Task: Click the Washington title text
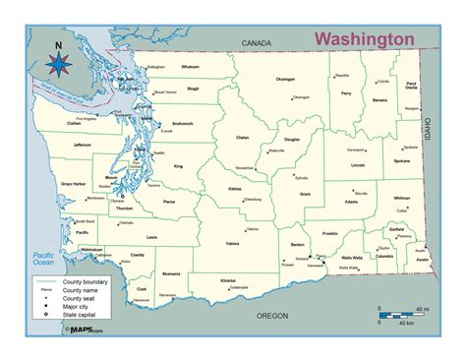click(x=364, y=37)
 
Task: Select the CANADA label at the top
click(x=257, y=44)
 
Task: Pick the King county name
click(x=178, y=167)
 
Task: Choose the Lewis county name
click(x=150, y=237)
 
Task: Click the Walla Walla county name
click(x=352, y=256)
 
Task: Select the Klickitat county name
click(x=229, y=280)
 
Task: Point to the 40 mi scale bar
click(x=398, y=314)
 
